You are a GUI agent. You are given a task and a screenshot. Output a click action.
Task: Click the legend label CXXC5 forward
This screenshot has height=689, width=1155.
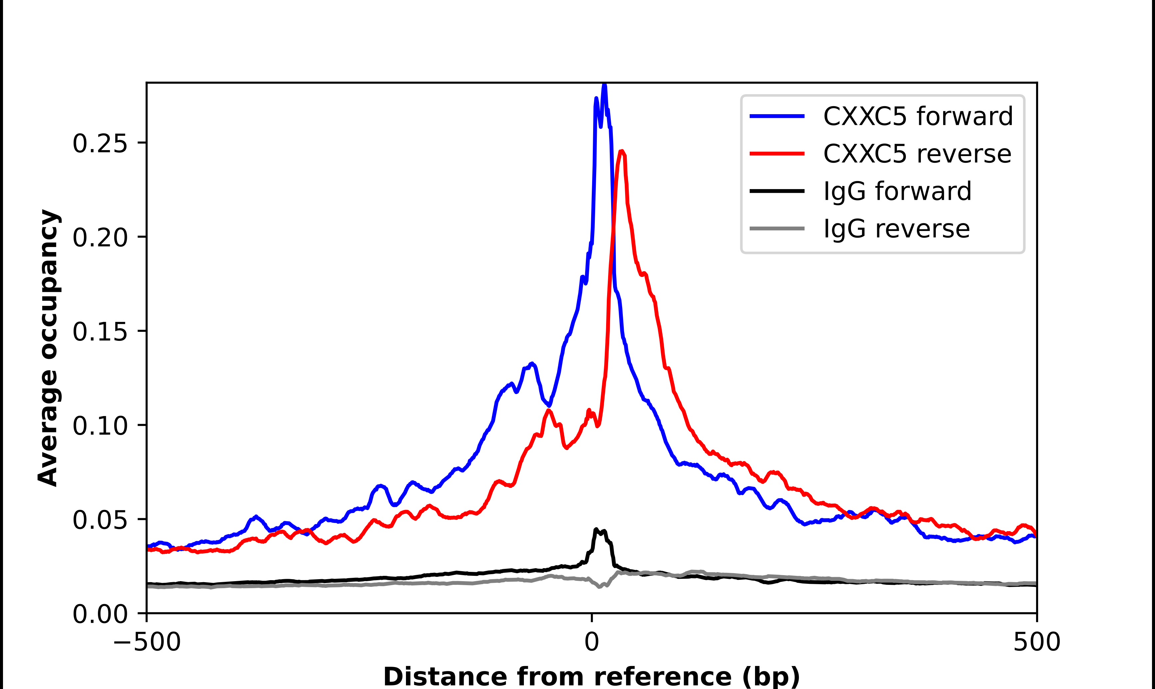(918, 116)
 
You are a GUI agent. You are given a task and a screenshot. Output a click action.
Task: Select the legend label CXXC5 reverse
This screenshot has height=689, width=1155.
(917, 154)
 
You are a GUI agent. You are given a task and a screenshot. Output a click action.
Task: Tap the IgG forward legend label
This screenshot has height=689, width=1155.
(897, 191)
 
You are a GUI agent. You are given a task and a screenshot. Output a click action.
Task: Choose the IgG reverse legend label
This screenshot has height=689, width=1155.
(896, 229)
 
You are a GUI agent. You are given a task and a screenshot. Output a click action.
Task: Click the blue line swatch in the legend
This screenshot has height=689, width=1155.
(777, 116)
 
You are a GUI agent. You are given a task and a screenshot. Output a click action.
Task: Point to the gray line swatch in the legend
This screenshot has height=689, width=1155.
(777, 228)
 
